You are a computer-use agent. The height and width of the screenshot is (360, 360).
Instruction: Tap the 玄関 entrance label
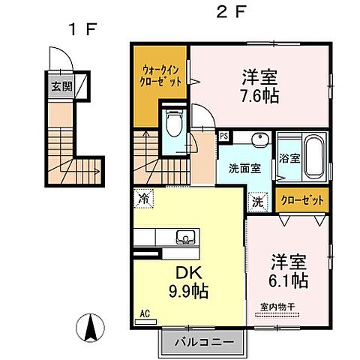pyautogui.click(x=62, y=85)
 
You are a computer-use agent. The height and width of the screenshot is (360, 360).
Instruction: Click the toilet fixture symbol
pyautogui.click(x=174, y=122)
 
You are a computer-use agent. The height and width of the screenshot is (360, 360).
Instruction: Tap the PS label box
pyautogui.click(x=223, y=136)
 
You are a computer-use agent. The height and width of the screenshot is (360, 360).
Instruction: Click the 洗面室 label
pyautogui.click(x=244, y=169)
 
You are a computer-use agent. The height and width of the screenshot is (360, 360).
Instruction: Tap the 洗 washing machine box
pyautogui.click(x=256, y=201)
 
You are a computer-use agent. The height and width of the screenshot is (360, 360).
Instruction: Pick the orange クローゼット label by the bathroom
pyautogui.click(x=303, y=201)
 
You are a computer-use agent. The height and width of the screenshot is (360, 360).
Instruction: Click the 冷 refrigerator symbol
pyautogui.click(x=142, y=199)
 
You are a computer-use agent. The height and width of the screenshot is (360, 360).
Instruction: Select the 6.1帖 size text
pyautogui.click(x=289, y=280)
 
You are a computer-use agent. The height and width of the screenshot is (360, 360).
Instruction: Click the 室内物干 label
pyautogui.click(x=278, y=305)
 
